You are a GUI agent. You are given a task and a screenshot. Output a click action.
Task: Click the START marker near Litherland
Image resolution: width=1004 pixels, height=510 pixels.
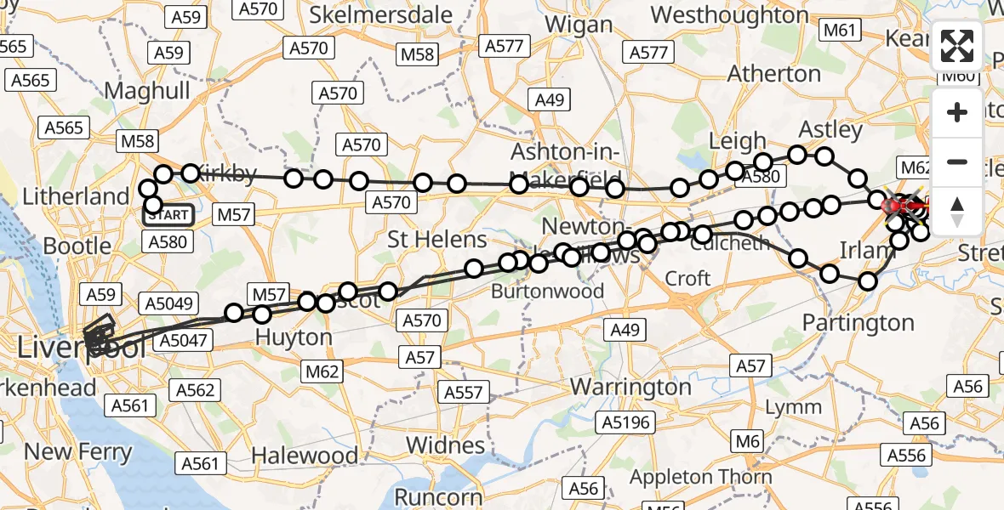coord(168,215)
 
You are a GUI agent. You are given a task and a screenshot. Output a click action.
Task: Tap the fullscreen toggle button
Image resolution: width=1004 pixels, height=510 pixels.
coord(957,46)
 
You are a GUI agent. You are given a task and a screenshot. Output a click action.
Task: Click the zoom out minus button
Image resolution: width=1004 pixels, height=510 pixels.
coord(957,161)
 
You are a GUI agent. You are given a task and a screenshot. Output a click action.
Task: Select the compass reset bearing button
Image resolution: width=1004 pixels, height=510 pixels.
coord(957,211)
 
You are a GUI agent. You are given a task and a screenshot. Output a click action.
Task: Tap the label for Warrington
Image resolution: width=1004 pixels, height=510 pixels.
coord(630,387)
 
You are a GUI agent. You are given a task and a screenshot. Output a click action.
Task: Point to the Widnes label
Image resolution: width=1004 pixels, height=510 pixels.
coord(445,445)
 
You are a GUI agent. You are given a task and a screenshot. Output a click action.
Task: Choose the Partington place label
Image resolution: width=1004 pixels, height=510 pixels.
coord(859,323)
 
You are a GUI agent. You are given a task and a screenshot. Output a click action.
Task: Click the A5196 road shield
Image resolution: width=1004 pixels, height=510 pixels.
coord(625,422)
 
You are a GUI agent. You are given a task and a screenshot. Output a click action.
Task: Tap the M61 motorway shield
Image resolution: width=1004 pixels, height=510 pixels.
coord(839,31)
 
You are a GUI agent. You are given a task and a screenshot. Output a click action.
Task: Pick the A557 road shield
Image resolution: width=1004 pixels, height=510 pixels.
coord(465,392)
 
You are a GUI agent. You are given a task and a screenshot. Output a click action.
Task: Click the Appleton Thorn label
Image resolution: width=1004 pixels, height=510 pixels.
coord(701,476)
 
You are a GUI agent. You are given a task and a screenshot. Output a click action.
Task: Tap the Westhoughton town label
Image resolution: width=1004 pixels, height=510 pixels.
coord(730,14)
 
